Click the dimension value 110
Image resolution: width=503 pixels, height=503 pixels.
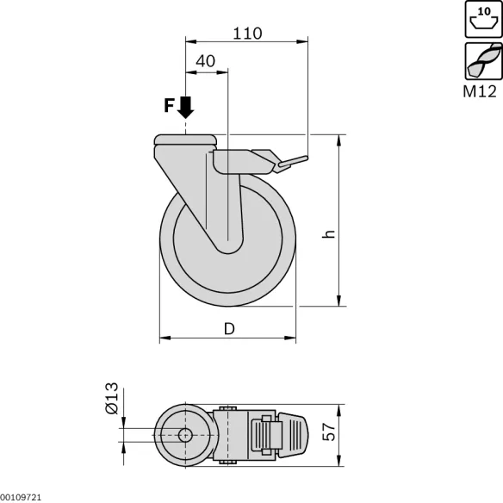click(247, 34)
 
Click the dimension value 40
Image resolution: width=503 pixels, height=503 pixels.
click(206, 61)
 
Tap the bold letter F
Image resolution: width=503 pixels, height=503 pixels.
click(171, 106)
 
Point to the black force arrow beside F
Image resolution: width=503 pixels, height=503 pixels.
click(185, 107)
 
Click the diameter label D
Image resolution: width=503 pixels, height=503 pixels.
click(230, 328)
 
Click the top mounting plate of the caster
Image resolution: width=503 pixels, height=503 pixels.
click(185, 140)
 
